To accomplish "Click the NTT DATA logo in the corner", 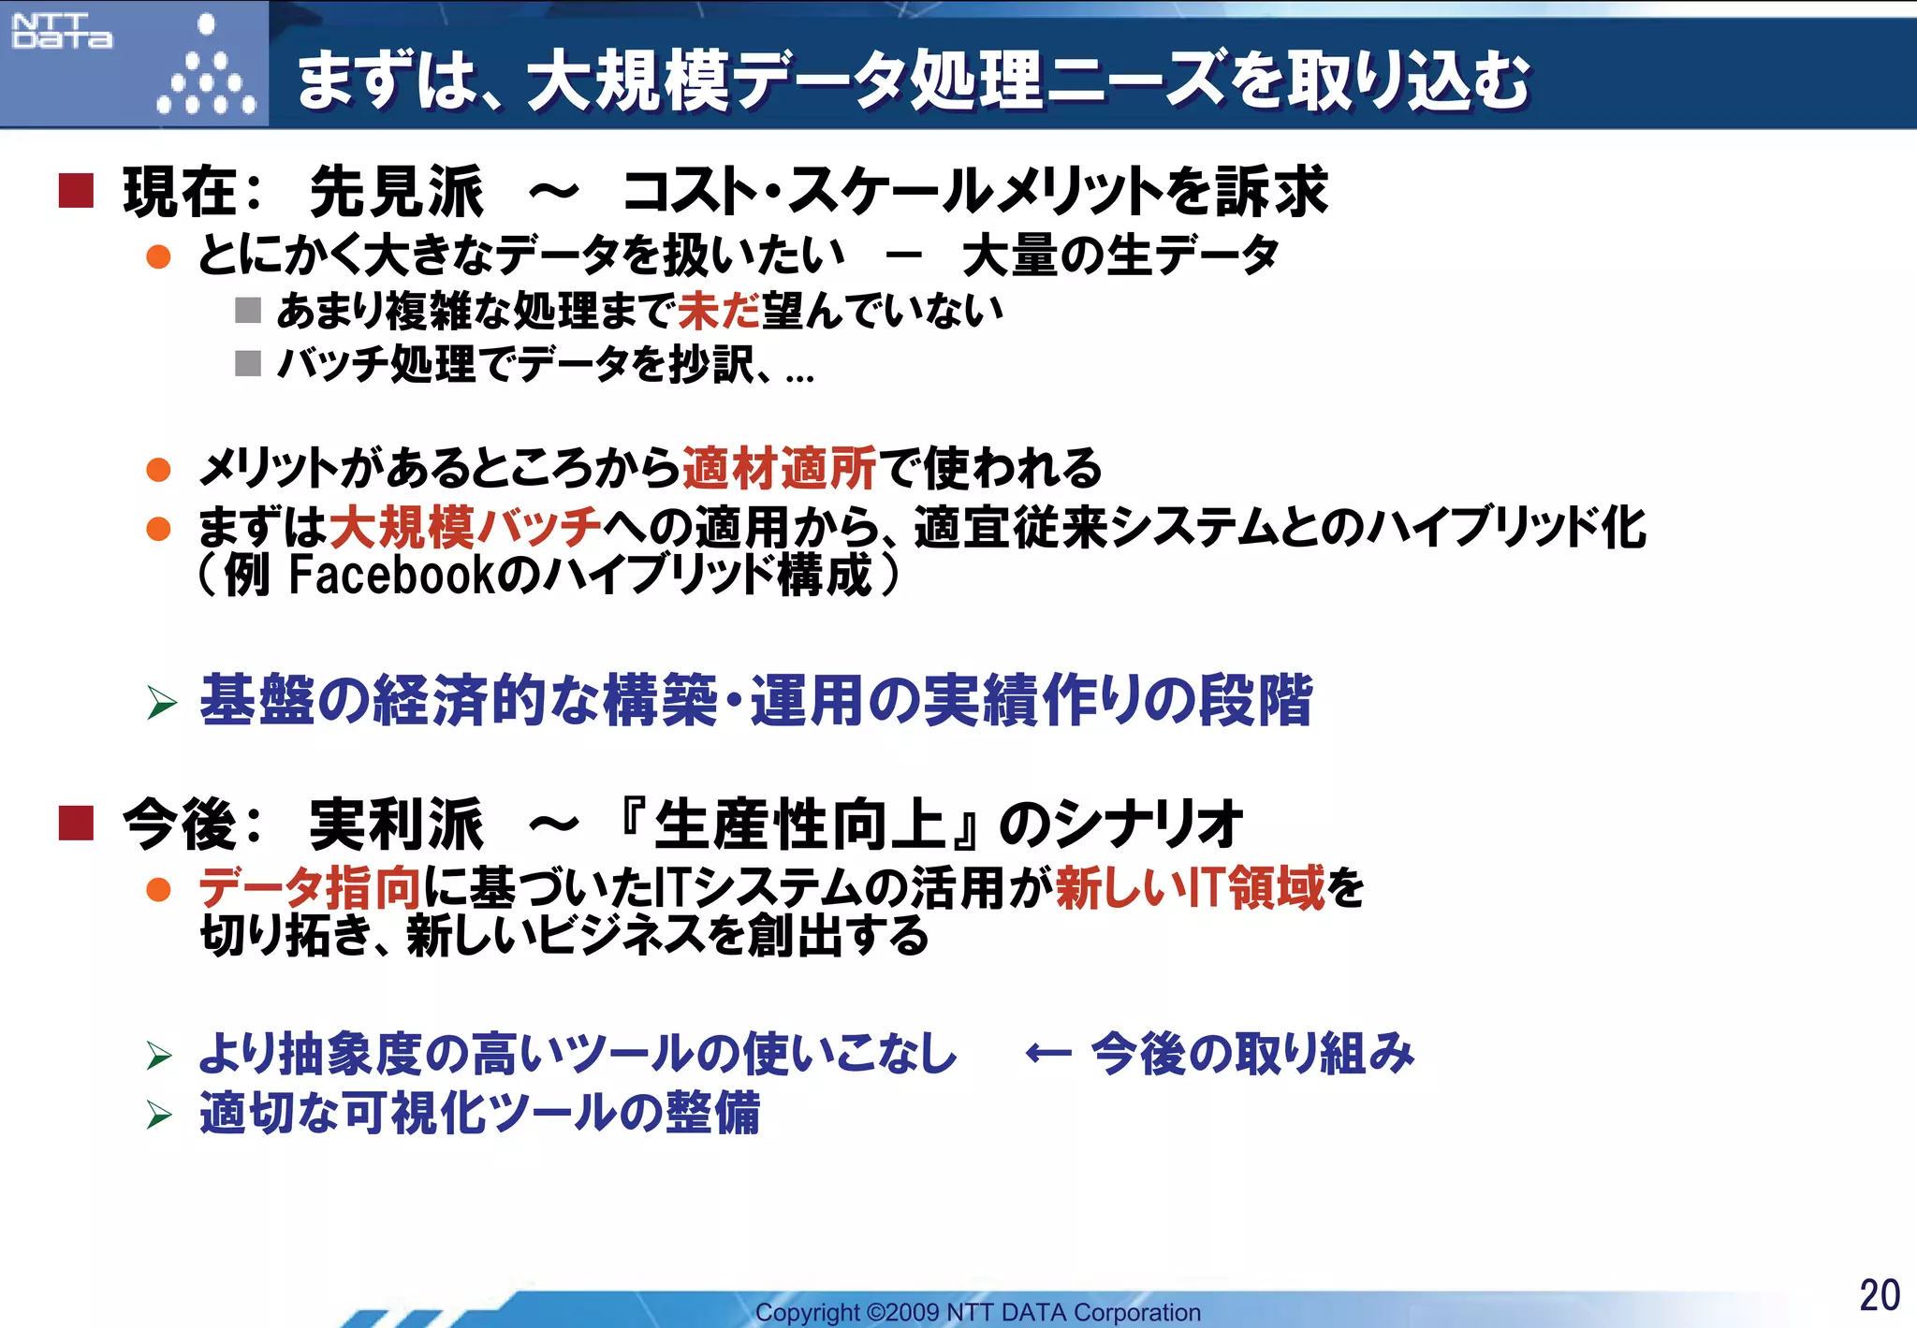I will [x=62, y=31].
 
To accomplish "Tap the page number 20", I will [x=1879, y=1295].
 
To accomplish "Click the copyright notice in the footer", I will [x=977, y=1312].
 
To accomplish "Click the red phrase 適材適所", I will [x=779, y=468].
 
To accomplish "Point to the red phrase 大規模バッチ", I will [x=465, y=527].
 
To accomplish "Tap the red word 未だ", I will [x=719, y=311].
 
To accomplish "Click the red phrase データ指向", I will [x=310, y=887].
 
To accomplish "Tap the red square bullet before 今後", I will [x=76, y=824].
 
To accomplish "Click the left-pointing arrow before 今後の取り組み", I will [x=1047, y=1054].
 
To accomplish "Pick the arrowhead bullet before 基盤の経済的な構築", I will [x=161, y=703].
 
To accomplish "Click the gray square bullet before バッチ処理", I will [x=248, y=363].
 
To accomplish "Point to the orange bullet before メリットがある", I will [x=159, y=469].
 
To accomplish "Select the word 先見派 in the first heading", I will [x=396, y=191].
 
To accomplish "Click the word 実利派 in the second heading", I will [x=396, y=825].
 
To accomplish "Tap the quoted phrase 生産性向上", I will [x=800, y=825].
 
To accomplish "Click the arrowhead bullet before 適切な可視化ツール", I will [x=160, y=1115].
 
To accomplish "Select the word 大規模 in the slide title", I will [x=628, y=80].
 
